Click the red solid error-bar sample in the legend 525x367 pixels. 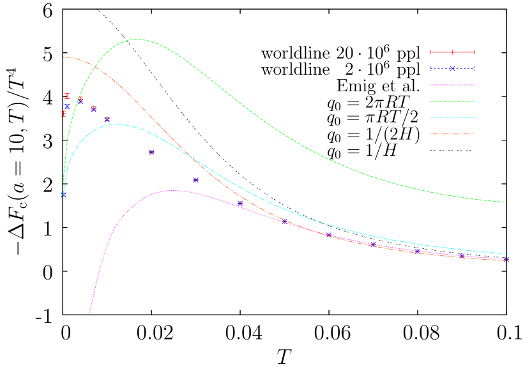[x=452, y=52]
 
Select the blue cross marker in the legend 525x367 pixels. [x=452, y=69]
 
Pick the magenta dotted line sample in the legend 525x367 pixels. [x=452, y=85]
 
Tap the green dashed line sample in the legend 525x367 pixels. [x=452, y=101]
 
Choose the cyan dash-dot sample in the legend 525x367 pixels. [x=452, y=117]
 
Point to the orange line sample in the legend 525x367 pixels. [x=452, y=134]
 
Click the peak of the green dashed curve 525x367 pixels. [x=137, y=40]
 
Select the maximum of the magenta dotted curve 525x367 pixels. [x=171, y=190]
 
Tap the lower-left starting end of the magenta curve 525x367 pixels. [x=89, y=313]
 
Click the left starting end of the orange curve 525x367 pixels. [x=64, y=57]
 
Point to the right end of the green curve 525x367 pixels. [x=505, y=202]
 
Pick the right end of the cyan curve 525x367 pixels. [x=505, y=254]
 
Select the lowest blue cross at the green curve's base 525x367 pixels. [x=63, y=195]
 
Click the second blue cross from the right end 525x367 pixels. [x=462, y=256]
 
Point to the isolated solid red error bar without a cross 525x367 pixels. [x=67, y=96]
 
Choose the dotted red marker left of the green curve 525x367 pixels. [x=63, y=114]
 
